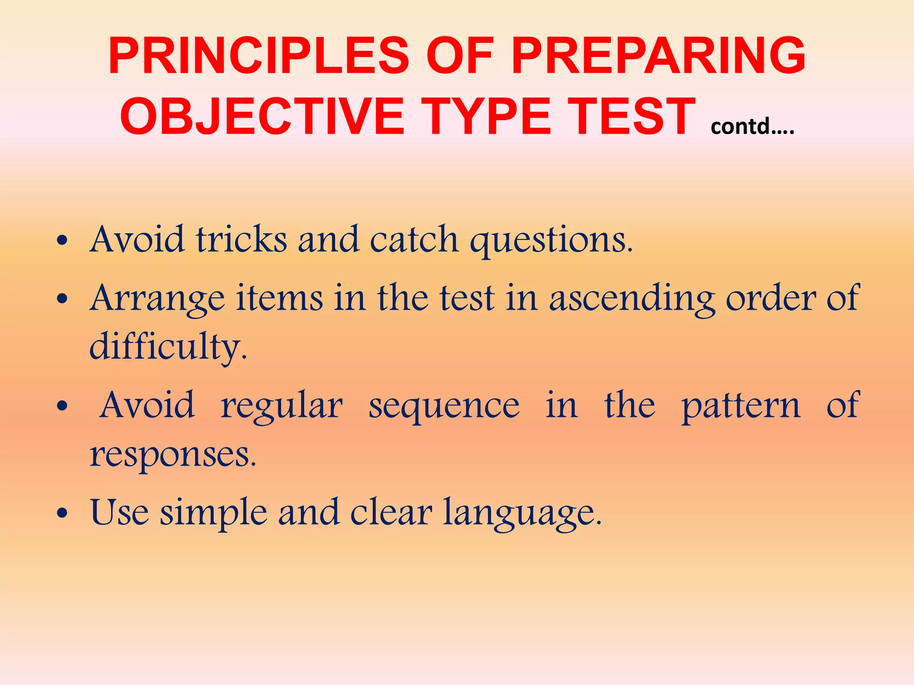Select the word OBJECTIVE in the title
[262, 117]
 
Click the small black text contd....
[752, 127]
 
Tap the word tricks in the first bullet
[241, 239]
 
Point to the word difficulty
[168, 347]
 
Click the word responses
[173, 455]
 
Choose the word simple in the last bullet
[214, 513]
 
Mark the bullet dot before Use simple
[62, 513]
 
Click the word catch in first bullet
[414, 239]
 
